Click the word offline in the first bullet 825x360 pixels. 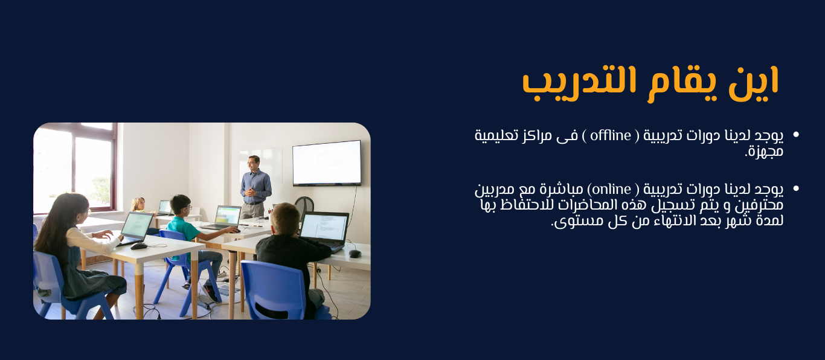[x=611, y=135]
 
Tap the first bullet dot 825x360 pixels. [x=796, y=135]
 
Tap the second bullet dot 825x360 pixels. [x=796, y=188]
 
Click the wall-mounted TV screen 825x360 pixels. [x=327, y=162]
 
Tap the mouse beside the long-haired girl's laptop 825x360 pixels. [x=139, y=246]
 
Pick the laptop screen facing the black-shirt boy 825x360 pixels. [x=324, y=228]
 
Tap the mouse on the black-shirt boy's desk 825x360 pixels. [x=355, y=254]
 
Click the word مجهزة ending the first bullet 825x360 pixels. [x=764, y=152]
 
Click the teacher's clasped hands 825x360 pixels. [x=251, y=191]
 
